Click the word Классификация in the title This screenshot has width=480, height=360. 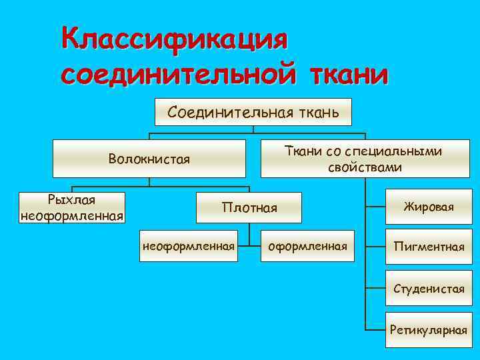pos(175,39)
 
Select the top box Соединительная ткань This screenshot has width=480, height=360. pos(253,112)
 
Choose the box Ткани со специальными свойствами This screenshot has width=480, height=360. pos(364,159)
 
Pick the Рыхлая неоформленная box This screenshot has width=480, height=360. pos(73,207)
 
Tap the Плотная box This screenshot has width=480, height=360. pos(249,208)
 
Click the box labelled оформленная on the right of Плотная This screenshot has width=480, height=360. pos(307,247)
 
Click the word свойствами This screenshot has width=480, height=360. pos(365,167)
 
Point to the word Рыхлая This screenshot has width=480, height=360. pos(72,200)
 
